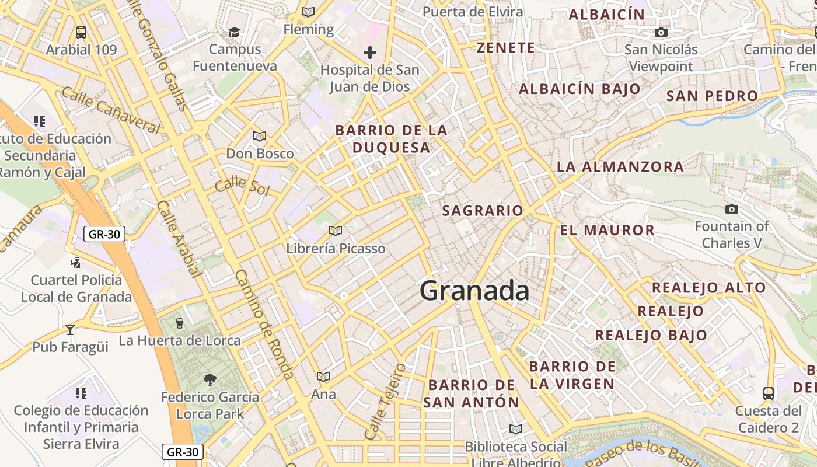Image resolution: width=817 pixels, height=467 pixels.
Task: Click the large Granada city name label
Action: pyautogui.click(x=474, y=291)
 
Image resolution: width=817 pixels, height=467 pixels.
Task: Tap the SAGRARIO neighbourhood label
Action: pyautogui.click(x=483, y=211)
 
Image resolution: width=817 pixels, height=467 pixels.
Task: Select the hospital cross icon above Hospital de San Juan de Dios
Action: pyautogui.click(x=369, y=53)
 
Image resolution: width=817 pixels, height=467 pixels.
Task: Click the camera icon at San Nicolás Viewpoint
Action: pyautogui.click(x=661, y=33)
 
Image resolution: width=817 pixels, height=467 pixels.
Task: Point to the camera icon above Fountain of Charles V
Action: pyautogui.click(x=731, y=210)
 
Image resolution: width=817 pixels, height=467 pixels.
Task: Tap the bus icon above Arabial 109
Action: pyautogui.click(x=81, y=33)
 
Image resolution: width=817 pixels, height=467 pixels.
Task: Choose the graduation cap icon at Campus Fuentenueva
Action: pyautogui.click(x=234, y=32)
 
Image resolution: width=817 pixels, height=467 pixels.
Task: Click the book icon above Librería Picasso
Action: pyautogui.click(x=335, y=231)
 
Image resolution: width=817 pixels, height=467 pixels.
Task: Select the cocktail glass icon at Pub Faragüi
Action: pyautogui.click(x=70, y=330)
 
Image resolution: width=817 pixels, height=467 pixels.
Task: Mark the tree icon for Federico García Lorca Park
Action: pyautogui.click(x=210, y=380)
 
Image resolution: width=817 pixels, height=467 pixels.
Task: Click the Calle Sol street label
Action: pyautogui.click(x=242, y=187)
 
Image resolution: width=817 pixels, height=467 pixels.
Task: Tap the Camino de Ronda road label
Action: pyautogui.click(x=264, y=325)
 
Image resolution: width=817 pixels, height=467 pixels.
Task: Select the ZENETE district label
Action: pyautogui.click(x=505, y=48)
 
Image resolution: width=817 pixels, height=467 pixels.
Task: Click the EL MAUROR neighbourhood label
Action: pyautogui.click(x=607, y=230)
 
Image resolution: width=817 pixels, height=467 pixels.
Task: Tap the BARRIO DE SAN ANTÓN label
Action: pyautogui.click(x=472, y=393)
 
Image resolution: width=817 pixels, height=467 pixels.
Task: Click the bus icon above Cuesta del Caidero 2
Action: pyautogui.click(x=769, y=393)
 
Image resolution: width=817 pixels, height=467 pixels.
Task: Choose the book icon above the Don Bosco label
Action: pyautogui.click(x=260, y=137)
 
